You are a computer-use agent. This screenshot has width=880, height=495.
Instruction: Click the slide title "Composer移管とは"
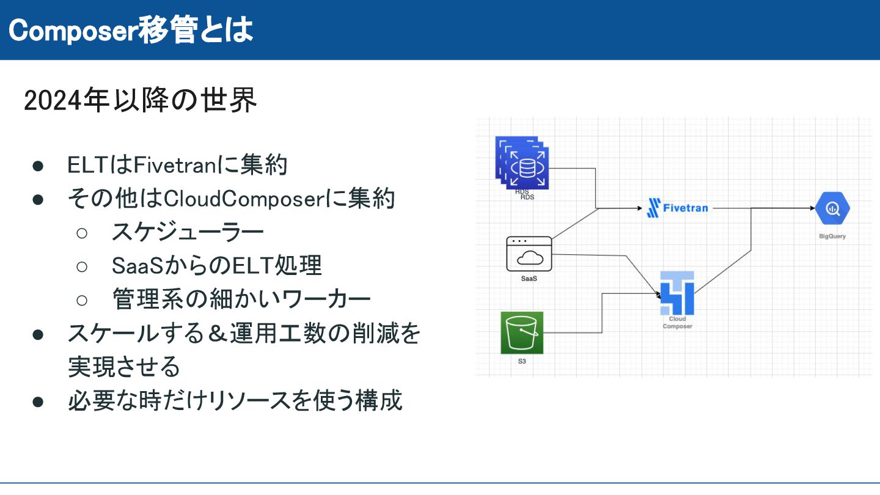point(131,31)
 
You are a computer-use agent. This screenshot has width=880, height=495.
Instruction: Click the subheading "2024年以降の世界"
point(140,101)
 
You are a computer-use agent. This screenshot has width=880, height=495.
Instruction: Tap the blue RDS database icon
point(522,163)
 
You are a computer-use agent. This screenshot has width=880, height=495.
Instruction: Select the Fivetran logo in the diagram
point(677,208)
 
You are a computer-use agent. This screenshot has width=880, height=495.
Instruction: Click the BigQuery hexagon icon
point(832,209)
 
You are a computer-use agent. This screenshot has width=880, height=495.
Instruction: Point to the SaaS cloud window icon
point(529,254)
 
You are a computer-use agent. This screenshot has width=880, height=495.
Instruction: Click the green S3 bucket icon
point(521,332)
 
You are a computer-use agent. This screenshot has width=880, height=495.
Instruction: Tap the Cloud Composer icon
point(677,293)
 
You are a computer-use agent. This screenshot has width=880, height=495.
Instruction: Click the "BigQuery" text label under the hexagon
point(832,237)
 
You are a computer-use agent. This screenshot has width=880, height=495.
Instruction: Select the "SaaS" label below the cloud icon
point(529,279)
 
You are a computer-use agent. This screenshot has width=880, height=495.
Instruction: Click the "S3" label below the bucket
point(521,361)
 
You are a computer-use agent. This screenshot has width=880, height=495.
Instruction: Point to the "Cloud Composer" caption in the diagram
point(677,322)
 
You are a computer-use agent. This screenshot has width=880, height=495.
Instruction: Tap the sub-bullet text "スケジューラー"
point(188,232)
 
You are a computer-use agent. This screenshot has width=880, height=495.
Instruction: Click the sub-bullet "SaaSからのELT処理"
point(216,265)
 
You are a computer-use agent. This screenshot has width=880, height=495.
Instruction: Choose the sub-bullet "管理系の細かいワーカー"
point(241,299)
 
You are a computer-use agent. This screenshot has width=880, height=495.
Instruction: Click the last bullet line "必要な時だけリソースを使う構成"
point(235,400)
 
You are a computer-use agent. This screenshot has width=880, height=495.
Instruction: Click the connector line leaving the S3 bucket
point(574,332)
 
